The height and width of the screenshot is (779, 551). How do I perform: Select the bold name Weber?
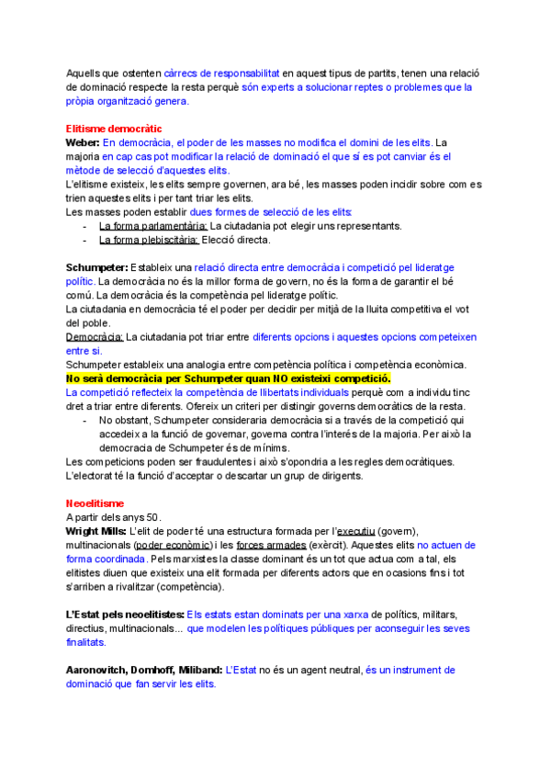click(83, 142)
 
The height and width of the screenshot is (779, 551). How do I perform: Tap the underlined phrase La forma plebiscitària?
click(148, 239)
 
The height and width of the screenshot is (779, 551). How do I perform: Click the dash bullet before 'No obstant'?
click(84, 420)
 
